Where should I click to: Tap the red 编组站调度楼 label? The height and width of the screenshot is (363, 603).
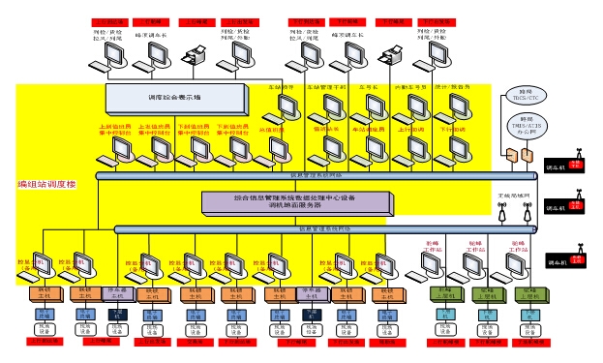[46, 184]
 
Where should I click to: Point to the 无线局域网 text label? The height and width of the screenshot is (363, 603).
[513, 195]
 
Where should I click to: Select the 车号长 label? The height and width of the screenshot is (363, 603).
[370, 87]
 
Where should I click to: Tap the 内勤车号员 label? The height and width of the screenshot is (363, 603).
[410, 87]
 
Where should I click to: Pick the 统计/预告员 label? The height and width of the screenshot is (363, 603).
[453, 87]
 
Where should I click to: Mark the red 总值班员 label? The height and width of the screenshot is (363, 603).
[274, 127]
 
